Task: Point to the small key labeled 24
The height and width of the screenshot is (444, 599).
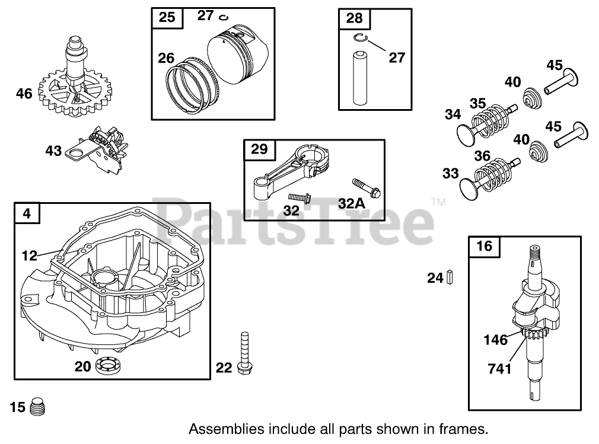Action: point(451,276)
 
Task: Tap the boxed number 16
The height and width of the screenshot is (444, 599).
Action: point(484,245)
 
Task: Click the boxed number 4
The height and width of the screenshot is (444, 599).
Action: point(28,213)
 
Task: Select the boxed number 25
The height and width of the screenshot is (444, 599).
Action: point(167,17)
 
